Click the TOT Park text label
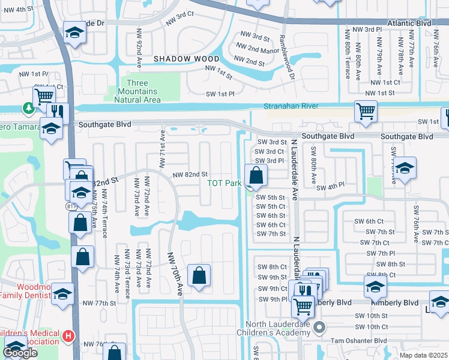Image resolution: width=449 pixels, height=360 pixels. pyautogui.click(x=224, y=184)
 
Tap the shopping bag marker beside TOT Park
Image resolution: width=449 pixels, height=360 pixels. pyautogui.click(x=256, y=176)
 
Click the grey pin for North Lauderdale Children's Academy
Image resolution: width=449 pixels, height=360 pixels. pyautogui.click(x=319, y=328)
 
